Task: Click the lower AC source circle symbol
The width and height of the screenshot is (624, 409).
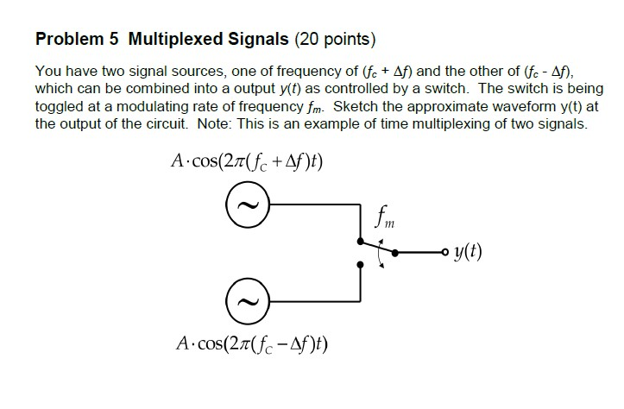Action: [x=247, y=303]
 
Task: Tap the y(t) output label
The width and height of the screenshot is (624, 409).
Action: [x=465, y=253]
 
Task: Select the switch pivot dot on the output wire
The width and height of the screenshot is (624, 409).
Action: [x=396, y=254]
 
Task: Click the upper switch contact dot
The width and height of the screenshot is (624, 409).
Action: [x=358, y=244]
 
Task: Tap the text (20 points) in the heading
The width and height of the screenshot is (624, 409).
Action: [x=336, y=40]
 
